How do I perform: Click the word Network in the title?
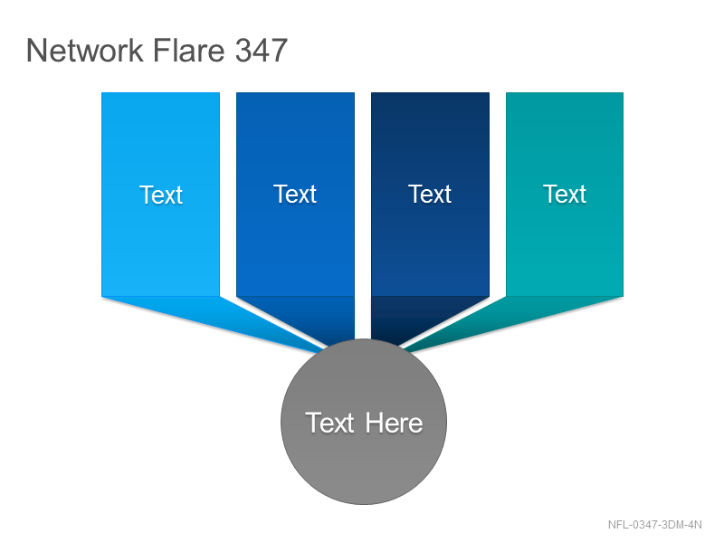pos(84,50)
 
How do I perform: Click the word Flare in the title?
pos(188,50)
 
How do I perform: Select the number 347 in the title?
pos(262,50)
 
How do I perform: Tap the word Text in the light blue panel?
pos(161,195)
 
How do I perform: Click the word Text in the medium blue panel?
pos(295,194)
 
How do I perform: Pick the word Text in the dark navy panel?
pos(430,194)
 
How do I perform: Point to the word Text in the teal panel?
pos(565,194)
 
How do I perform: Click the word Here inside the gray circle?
pos(394,423)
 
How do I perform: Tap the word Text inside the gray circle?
pos(329,423)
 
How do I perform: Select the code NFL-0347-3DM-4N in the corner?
pos(654,525)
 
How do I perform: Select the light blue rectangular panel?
pos(161,195)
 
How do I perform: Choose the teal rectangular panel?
pos(565,195)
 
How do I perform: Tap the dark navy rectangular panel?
pos(431,195)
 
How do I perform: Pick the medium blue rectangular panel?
pos(296,195)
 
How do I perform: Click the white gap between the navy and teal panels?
pos(498,195)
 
